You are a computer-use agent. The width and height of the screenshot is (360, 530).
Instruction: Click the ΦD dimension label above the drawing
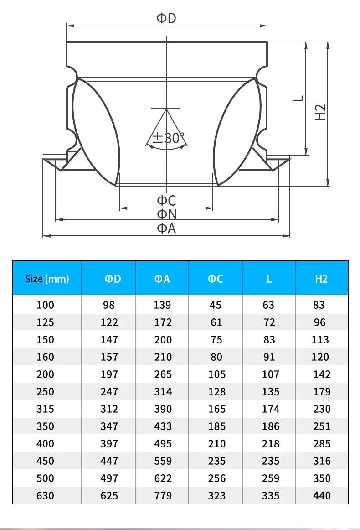click(x=166, y=18)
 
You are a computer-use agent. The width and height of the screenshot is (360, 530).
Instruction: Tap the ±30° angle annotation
click(x=169, y=138)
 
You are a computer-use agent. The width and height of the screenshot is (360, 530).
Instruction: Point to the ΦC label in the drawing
click(x=166, y=200)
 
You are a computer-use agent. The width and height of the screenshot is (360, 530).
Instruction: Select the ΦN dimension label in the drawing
click(x=166, y=214)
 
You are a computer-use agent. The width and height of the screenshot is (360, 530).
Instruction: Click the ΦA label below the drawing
click(x=166, y=228)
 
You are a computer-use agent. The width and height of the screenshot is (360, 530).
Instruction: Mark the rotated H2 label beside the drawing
click(x=321, y=112)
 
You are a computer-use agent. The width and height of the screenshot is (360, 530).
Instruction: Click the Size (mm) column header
click(x=47, y=279)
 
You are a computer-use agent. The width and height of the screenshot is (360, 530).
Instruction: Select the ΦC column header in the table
click(x=216, y=279)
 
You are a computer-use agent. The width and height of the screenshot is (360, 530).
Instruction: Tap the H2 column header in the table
click(x=321, y=279)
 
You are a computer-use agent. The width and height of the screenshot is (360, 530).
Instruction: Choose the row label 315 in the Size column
click(x=45, y=409)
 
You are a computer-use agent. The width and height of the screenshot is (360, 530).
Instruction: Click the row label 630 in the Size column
click(x=45, y=496)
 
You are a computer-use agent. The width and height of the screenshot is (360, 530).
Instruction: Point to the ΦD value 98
click(x=109, y=305)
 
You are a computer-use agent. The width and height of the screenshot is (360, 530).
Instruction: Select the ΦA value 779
click(x=163, y=496)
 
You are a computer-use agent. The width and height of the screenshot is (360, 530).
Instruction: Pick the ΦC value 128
click(x=216, y=392)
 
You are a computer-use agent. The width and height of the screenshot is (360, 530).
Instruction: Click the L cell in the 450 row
click(x=270, y=461)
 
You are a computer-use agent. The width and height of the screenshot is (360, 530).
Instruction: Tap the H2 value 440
click(x=322, y=496)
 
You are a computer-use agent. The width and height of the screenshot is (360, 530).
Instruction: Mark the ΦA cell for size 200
click(x=163, y=374)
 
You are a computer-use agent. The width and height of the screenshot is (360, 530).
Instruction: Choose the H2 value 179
click(x=322, y=392)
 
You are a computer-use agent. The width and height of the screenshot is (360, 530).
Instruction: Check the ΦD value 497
click(x=109, y=478)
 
